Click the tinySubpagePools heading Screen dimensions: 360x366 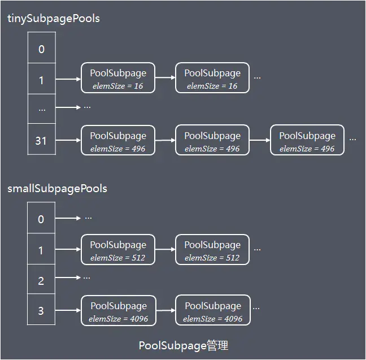54,19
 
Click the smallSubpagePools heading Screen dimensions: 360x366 57,188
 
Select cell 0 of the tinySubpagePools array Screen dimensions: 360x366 41,49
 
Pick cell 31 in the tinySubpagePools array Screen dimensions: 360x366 41,140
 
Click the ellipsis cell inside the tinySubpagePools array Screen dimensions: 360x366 41,109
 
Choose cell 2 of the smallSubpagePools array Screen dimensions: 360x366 41,280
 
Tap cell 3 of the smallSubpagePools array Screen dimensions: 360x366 41,310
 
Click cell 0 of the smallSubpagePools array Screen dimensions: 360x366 41,219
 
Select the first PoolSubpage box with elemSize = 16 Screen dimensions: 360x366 118,79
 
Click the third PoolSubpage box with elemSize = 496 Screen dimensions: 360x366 307,141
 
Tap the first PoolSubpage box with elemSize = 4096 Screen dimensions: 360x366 118,311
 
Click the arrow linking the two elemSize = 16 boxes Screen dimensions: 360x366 165,78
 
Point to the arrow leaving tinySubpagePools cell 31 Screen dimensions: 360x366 68,140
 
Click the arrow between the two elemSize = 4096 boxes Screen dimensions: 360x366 165,310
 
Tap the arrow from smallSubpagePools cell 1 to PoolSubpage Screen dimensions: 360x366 68,249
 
